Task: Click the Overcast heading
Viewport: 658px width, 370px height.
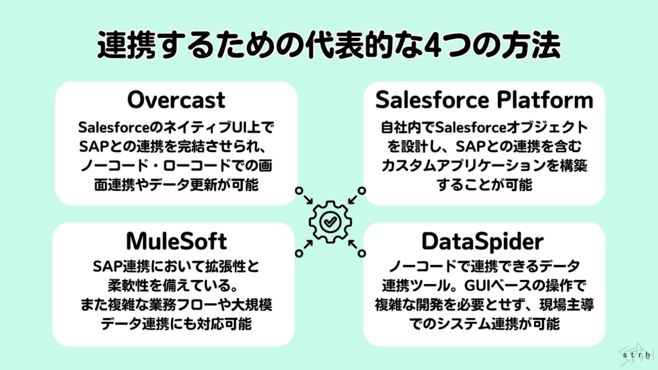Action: pos(176,100)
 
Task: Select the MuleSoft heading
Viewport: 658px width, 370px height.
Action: pos(176,242)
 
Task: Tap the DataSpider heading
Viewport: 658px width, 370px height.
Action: pos(483,242)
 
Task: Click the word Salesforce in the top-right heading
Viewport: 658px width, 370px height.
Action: pos(432,100)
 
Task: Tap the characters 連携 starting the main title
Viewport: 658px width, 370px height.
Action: pos(123,45)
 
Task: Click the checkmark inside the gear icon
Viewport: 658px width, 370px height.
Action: pos(330,222)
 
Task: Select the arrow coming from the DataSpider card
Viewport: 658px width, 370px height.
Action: pos(357,247)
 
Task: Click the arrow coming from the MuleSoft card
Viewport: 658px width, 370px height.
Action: pos(304,247)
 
